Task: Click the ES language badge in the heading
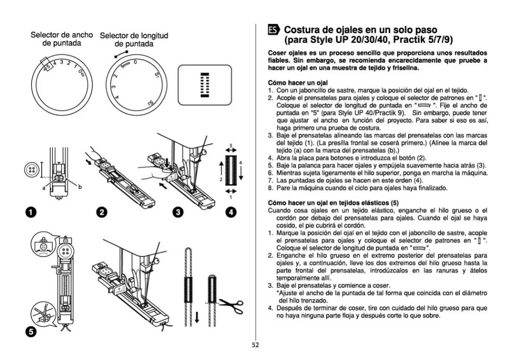click(x=274, y=30)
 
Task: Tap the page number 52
click(x=255, y=345)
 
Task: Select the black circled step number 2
click(x=102, y=212)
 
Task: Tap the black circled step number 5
click(x=30, y=332)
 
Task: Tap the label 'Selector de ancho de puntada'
click(x=61, y=39)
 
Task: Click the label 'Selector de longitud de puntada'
click(x=134, y=40)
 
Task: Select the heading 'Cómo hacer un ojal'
click(x=298, y=82)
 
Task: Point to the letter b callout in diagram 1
click(x=80, y=186)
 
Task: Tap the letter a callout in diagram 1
click(x=44, y=187)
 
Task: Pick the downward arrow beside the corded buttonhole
click(x=197, y=318)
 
